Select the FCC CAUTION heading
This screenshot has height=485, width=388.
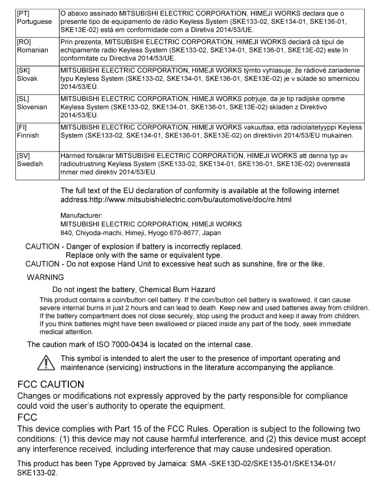51,384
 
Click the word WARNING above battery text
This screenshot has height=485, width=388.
46,277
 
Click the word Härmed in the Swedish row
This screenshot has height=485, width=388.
74,155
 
